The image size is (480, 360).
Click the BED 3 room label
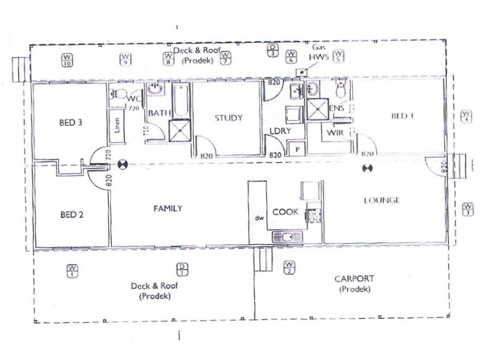tap(70, 123)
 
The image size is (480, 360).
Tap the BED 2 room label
tap(71, 214)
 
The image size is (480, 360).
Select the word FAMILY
tap(168, 209)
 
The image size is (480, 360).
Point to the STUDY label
tap(229, 118)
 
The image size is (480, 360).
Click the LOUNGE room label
tap(381, 200)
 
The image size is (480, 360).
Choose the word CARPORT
tap(355, 279)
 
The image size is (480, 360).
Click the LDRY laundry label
tap(281, 130)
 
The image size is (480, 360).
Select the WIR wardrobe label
tap(334, 132)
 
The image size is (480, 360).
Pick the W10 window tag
tap(67, 59)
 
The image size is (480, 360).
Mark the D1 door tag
tap(181, 270)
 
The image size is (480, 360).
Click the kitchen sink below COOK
tap(284, 236)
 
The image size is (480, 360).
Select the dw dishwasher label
tap(259, 218)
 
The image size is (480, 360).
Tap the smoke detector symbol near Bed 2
tap(123, 163)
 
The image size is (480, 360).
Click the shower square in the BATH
tap(178, 130)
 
